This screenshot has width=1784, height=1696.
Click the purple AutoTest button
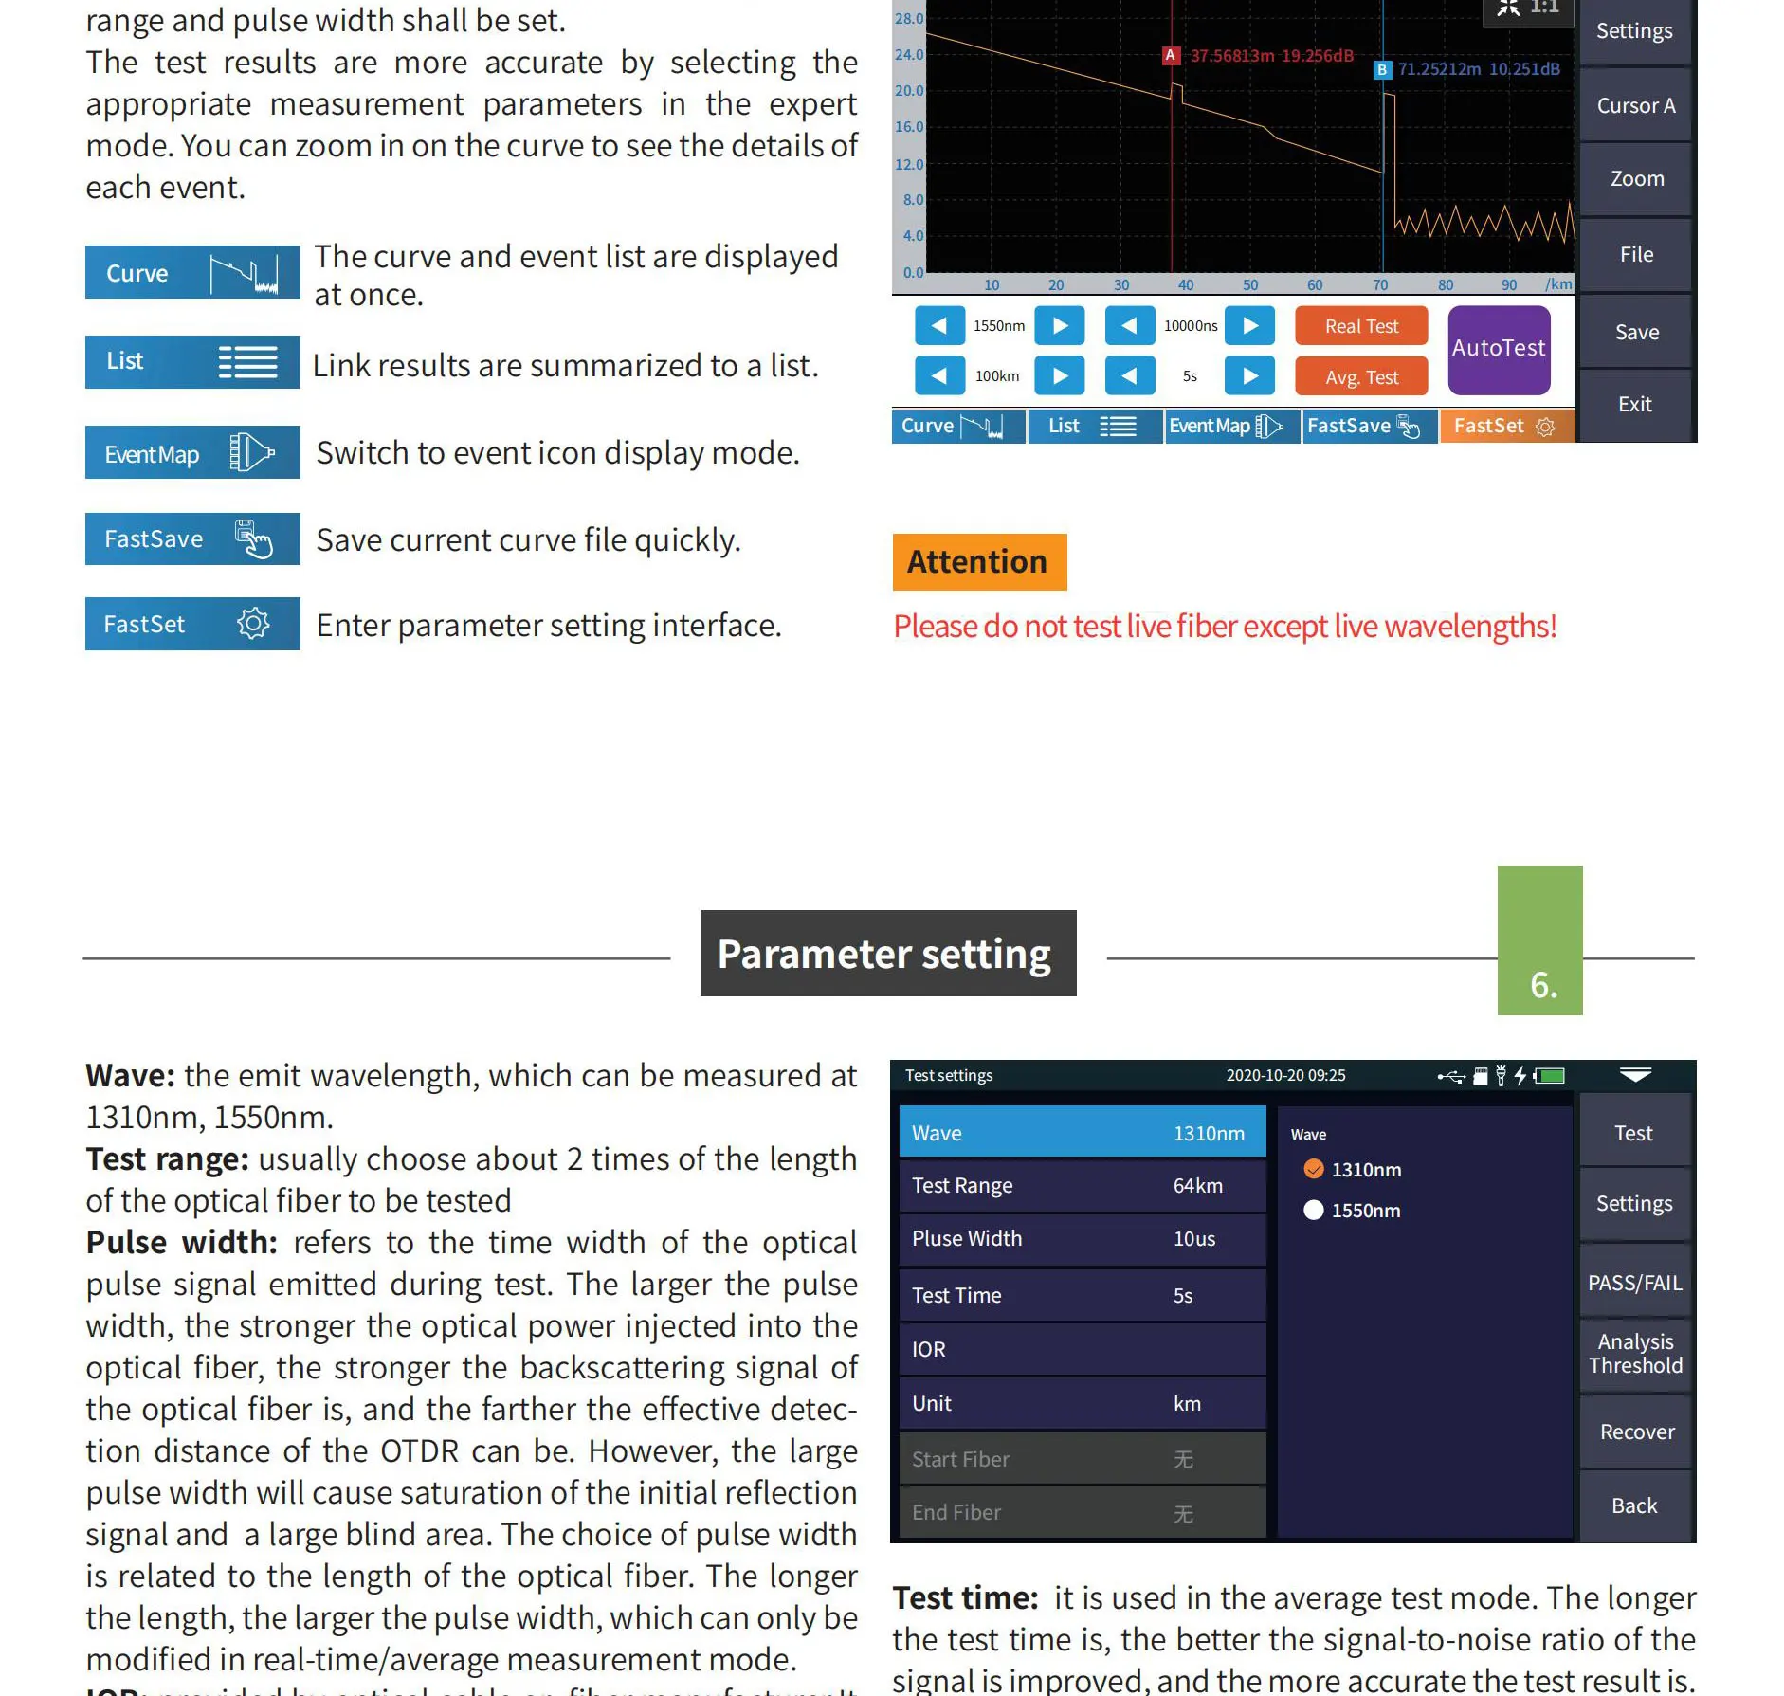[1499, 349]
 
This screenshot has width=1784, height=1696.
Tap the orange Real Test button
[1361, 326]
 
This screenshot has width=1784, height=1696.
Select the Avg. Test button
[1361, 377]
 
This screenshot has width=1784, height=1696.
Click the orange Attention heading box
[979, 562]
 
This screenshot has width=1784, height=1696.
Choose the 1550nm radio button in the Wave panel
[1314, 1211]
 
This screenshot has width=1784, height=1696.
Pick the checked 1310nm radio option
[1314, 1170]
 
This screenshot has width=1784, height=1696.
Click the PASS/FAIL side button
[1635, 1283]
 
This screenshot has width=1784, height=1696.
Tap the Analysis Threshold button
[1635, 1354]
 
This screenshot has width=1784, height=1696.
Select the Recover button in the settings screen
[1636, 1432]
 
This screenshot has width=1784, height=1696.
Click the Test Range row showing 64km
[1082, 1186]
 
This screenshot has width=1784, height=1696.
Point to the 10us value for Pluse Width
[1194, 1239]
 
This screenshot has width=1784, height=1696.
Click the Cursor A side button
[1636, 106]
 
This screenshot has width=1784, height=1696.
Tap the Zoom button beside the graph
[1637, 179]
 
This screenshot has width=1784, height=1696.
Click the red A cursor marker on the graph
[1171, 56]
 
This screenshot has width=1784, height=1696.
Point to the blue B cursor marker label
[1382, 69]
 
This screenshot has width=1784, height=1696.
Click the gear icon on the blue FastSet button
[253, 624]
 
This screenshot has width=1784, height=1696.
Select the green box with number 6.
[1539, 940]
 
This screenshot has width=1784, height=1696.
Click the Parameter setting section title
[888, 954]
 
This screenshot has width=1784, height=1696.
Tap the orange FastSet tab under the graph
[1505, 427]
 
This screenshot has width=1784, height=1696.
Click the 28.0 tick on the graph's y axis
[908, 18]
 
